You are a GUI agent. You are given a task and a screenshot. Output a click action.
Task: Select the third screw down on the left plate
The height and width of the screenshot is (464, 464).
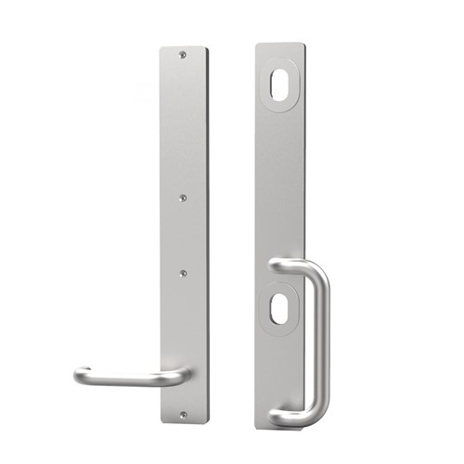coord(184,273)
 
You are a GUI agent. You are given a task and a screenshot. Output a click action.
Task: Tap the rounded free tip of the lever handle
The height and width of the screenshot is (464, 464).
coord(80,376)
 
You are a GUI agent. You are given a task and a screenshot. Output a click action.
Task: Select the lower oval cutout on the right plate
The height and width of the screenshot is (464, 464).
coord(277,308)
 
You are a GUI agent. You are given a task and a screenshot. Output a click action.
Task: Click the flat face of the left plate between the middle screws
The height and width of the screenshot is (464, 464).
coord(184,235)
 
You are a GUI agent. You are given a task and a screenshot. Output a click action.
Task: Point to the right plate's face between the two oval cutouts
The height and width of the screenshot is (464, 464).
coord(278,186)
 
